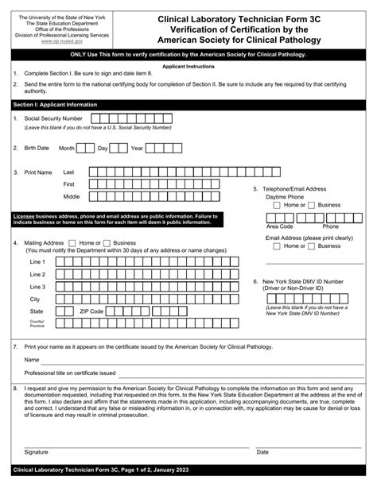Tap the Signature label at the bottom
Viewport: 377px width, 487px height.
coord(37,451)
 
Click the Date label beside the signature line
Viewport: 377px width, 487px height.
coord(262,451)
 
